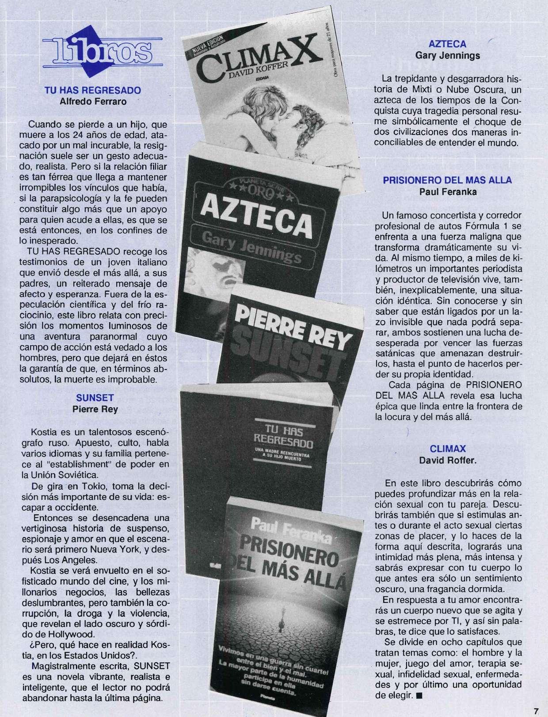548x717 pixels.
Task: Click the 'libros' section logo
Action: (x=102, y=49)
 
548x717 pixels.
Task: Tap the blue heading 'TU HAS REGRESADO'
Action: (x=93, y=90)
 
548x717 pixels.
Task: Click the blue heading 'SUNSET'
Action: (x=95, y=397)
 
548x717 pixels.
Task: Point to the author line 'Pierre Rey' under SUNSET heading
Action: (x=95, y=409)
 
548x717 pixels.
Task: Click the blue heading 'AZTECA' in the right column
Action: (x=448, y=44)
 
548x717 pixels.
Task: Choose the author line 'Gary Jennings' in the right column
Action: (x=448, y=56)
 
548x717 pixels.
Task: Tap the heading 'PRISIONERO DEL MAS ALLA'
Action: (x=447, y=180)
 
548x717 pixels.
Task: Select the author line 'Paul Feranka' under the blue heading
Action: (x=447, y=192)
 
